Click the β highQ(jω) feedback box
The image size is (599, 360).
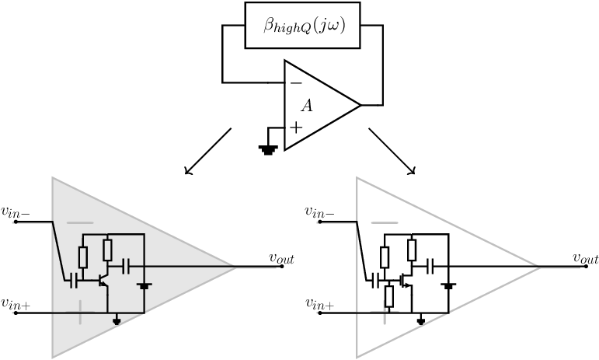coord(302,25)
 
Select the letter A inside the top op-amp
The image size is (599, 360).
coord(307,106)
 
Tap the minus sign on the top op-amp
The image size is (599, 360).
coord(296,83)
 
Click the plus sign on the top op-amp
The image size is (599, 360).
coord(296,128)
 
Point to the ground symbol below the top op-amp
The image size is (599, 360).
coord(268,149)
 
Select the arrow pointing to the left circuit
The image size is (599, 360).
coord(208,152)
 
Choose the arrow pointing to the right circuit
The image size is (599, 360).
coord(392,152)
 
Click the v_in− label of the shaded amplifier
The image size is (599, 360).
coord(16,211)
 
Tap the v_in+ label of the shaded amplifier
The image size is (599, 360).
coord(16,303)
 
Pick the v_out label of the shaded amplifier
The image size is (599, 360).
coord(282,258)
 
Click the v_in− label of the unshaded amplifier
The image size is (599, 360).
coord(320,211)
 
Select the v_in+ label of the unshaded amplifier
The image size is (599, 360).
coord(320,303)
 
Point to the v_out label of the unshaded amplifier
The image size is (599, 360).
coord(586,258)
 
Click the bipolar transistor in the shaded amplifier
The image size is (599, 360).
coord(103,281)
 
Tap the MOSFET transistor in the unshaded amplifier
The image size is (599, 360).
coord(406,281)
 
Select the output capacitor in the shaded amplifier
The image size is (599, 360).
coord(126,267)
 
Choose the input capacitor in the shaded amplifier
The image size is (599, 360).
coord(74,281)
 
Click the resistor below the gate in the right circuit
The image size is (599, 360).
coord(389,296)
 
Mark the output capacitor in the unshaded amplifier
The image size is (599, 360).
coord(430,267)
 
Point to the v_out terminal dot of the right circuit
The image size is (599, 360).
coord(586,267)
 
